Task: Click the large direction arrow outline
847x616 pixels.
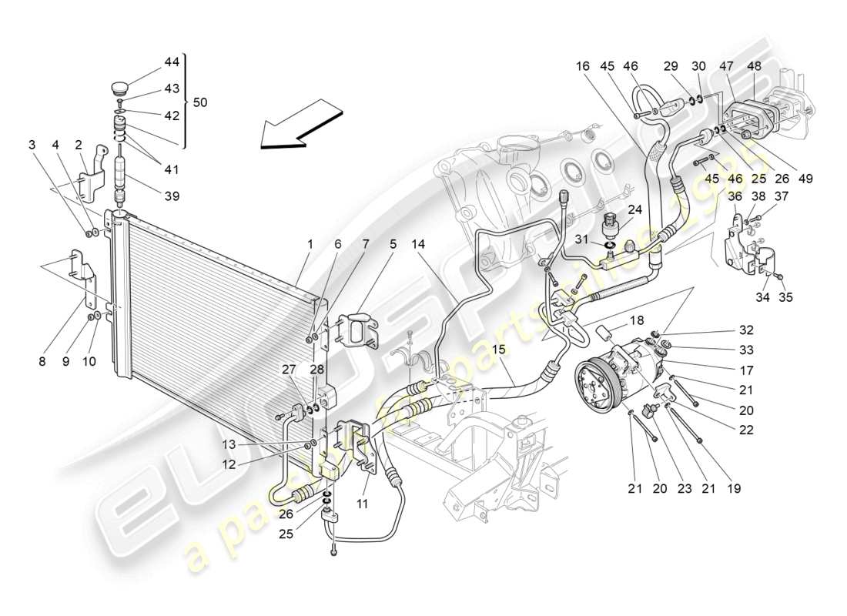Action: (296, 123)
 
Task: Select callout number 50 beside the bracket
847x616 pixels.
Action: (200, 102)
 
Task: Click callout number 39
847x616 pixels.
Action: (171, 196)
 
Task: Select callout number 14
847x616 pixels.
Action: (418, 245)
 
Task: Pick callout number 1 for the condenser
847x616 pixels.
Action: (310, 245)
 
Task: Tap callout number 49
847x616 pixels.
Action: (805, 179)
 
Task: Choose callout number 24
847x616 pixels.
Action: (634, 208)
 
